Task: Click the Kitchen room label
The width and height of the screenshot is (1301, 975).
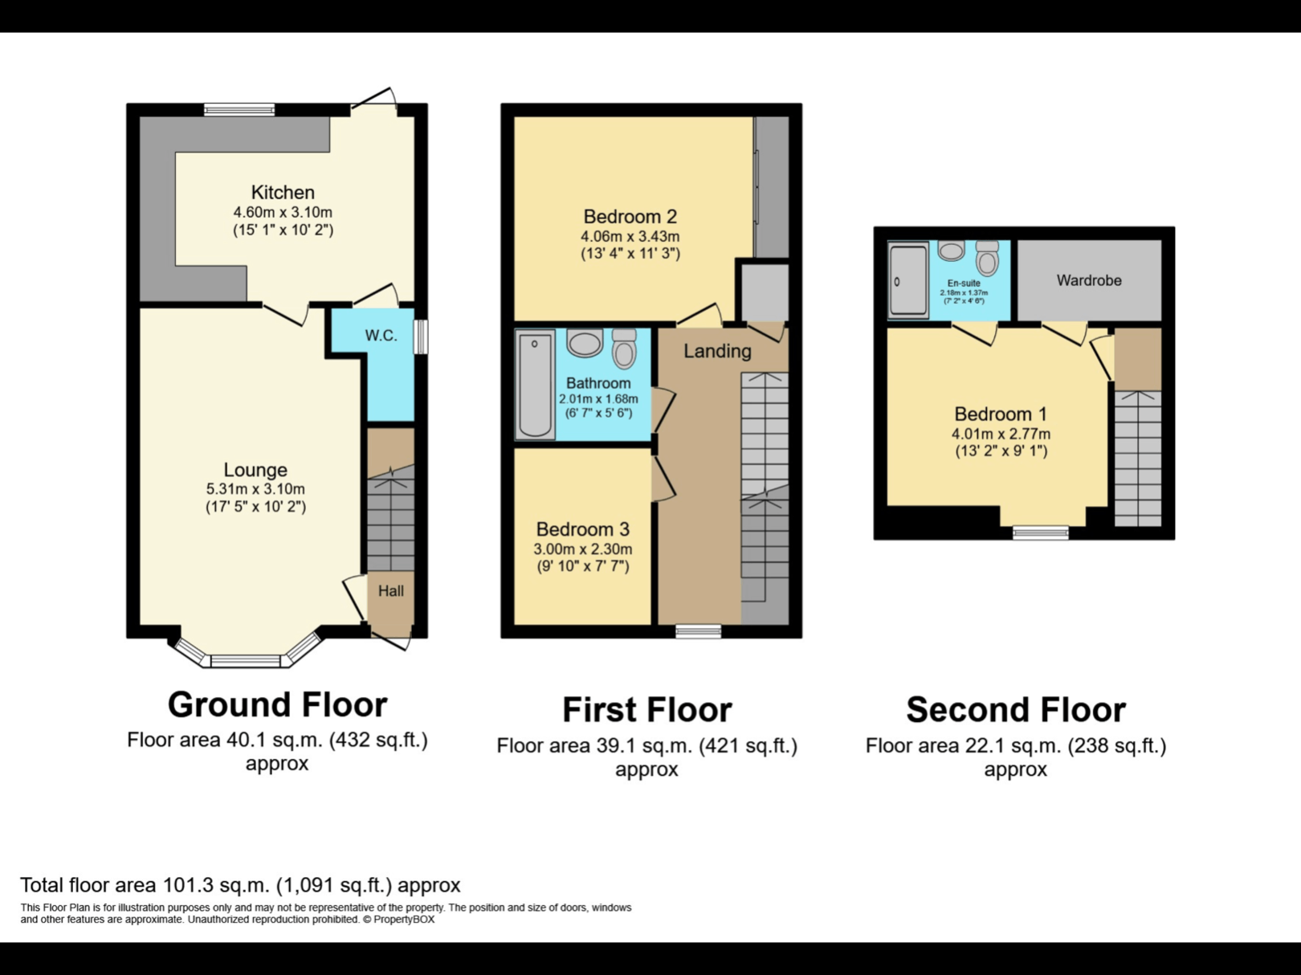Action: click(x=283, y=193)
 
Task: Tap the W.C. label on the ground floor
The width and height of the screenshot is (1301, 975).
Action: click(x=381, y=336)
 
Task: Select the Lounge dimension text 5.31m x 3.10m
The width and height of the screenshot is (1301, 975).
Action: click(x=255, y=489)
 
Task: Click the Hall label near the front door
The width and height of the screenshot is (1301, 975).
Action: click(x=391, y=591)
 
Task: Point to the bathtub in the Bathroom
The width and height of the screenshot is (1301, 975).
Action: click(x=535, y=386)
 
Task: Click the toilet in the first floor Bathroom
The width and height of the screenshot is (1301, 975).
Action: click(x=624, y=349)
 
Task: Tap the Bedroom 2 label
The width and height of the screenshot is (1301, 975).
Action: click(x=630, y=217)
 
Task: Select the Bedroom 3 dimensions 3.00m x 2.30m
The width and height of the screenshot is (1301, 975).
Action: click(x=582, y=549)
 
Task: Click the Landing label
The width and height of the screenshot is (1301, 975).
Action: click(x=717, y=351)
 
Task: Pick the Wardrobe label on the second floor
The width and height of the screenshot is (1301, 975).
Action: click(x=1088, y=280)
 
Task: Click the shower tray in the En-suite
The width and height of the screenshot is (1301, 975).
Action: click(x=908, y=281)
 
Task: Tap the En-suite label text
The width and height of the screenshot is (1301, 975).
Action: click(x=963, y=284)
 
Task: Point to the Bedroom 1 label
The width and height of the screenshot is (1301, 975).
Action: click(x=1000, y=414)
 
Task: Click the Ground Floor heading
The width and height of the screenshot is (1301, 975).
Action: click(x=277, y=705)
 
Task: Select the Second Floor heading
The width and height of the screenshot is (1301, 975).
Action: click(x=1015, y=710)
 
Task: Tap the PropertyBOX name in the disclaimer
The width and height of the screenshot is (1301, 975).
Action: click(x=404, y=920)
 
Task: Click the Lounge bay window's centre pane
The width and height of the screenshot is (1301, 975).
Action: click(x=245, y=662)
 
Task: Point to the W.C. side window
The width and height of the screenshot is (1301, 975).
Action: click(x=421, y=337)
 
